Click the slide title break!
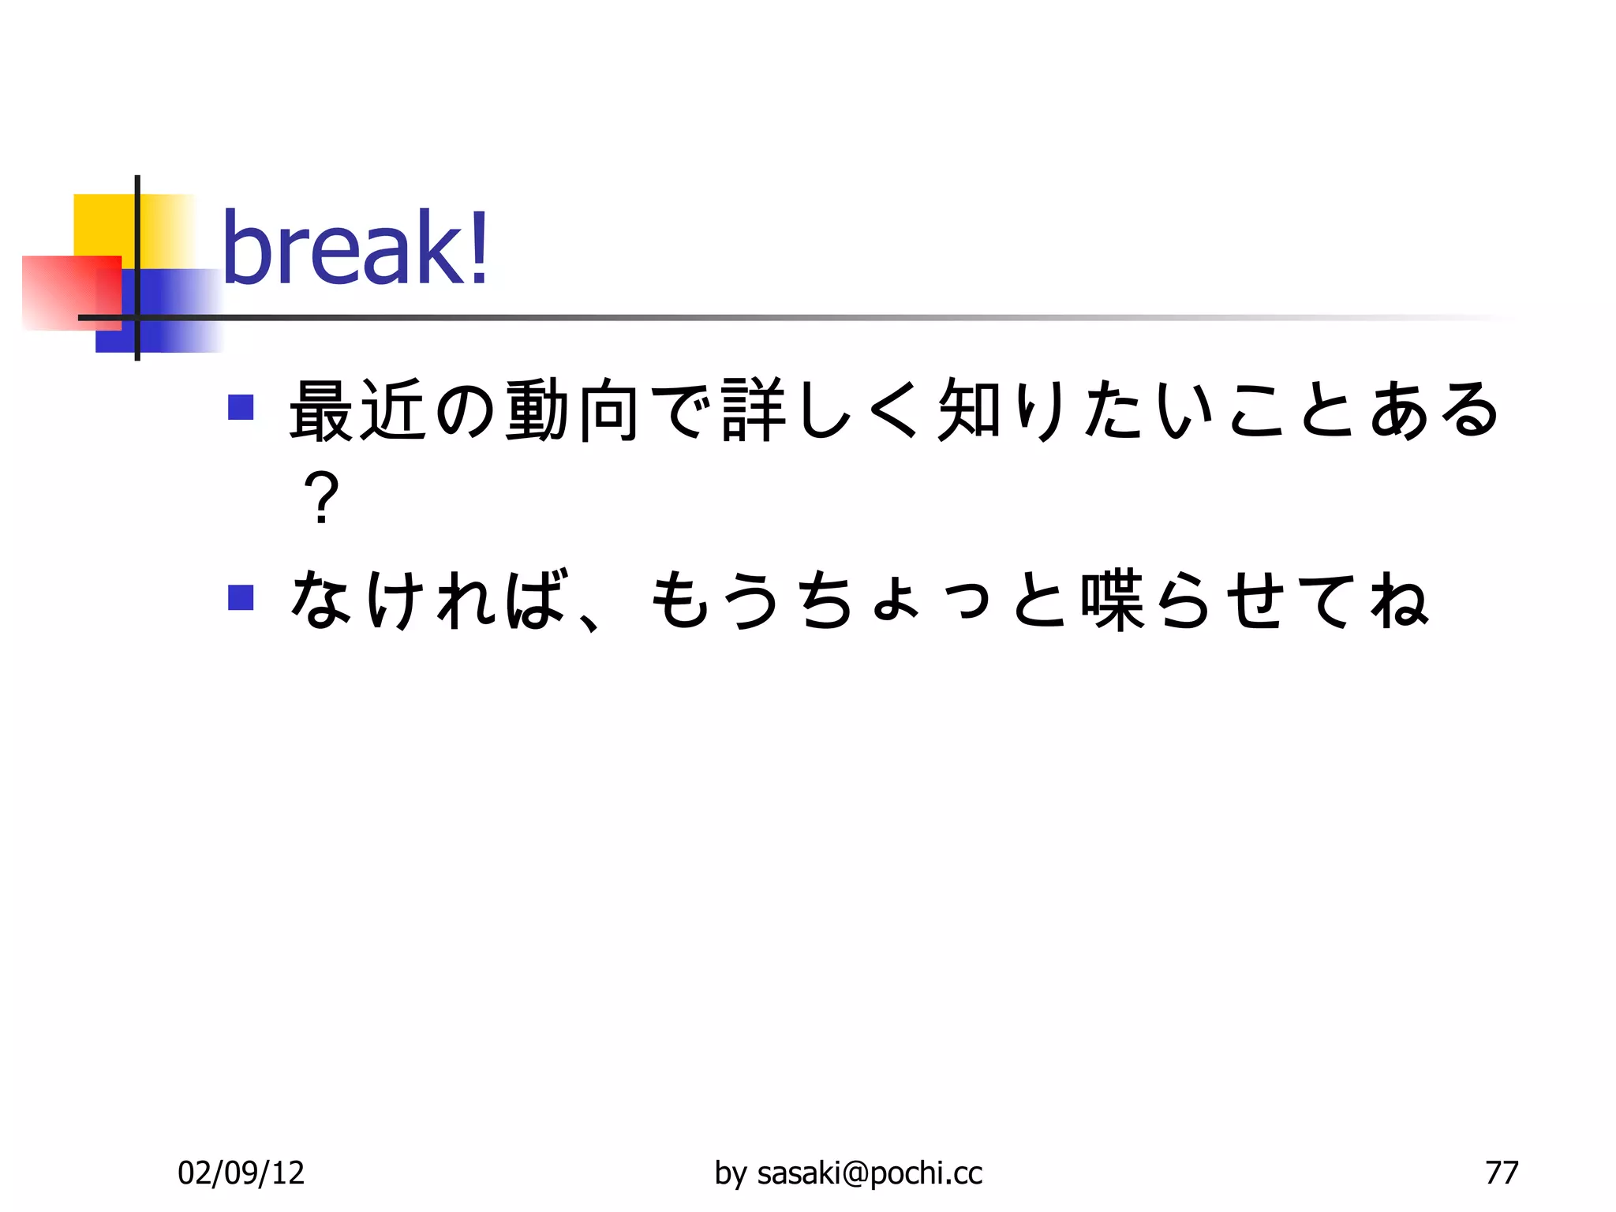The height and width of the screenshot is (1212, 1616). [x=355, y=249]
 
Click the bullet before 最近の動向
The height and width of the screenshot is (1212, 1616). [x=241, y=407]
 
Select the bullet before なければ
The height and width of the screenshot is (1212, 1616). [x=241, y=597]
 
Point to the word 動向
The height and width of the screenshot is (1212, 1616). [x=572, y=410]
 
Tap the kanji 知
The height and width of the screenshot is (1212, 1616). [x=970, y=410]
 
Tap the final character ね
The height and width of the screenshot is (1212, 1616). [x=1399, y=600]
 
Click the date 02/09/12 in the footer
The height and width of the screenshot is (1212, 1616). [x=241, y=1173]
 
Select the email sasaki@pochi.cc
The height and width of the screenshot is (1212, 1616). [x=870, y=1173]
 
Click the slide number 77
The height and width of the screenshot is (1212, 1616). [x=1501, y=1173]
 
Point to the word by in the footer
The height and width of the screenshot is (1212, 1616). [x=730, y=1173]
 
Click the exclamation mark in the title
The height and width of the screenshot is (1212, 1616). [x=478, y=249]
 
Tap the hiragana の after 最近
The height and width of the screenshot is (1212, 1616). [x=465, y=410]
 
